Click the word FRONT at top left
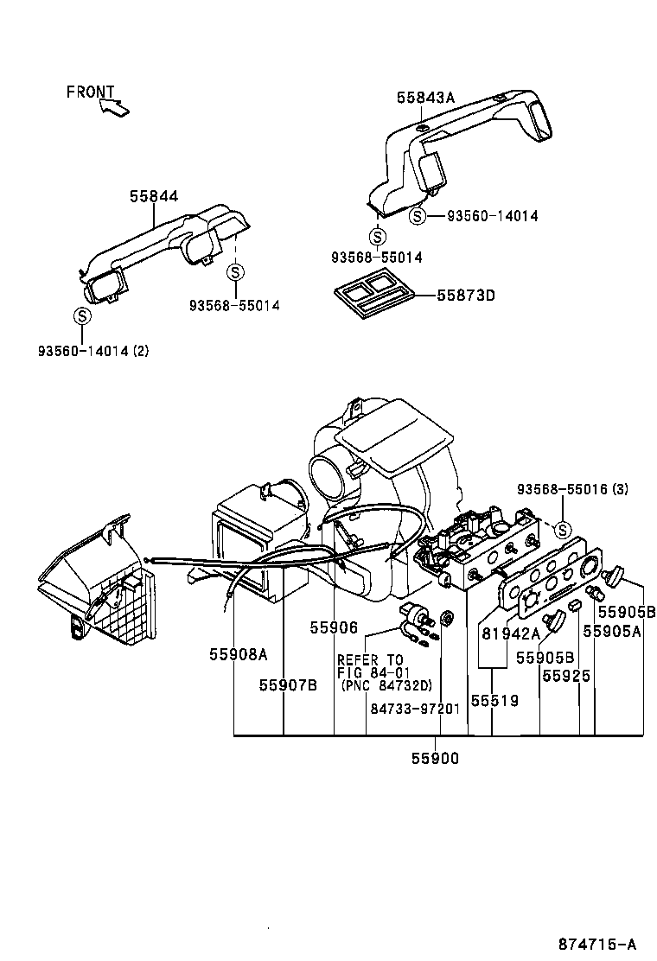pyautogui.click(x=90, y=92)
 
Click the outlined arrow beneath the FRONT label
pyautogui.click(x=113, y=108)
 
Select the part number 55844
pyautogui.click(x=154, y=197)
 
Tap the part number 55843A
pyautogui.click(x=425, y=98)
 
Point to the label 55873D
pyautogui.click(x=465, y=295)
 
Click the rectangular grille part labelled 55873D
pyautogui.click(x=373, y=293)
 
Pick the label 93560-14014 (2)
pyautogui.click(x=93, y=351)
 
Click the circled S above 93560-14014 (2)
pyautogui.click(x=82, y=315)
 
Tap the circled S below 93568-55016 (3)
pyautogui.click(x=563, y=529)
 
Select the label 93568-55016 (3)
pyautogui.click(x=572, y=489)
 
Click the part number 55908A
pyautogui.click(x=238, y=654)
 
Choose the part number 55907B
pyautogui.click(x=288, y=684)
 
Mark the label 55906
pyautogui.click(x=334, y=628)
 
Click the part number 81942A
pyautogui.click(x=510, y=633)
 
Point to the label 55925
pyautogui.click(x=566, y=676)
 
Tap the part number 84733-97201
pyautogui.click(x=415, y=707)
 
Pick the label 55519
pyautogui.click(x=494, y=701)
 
